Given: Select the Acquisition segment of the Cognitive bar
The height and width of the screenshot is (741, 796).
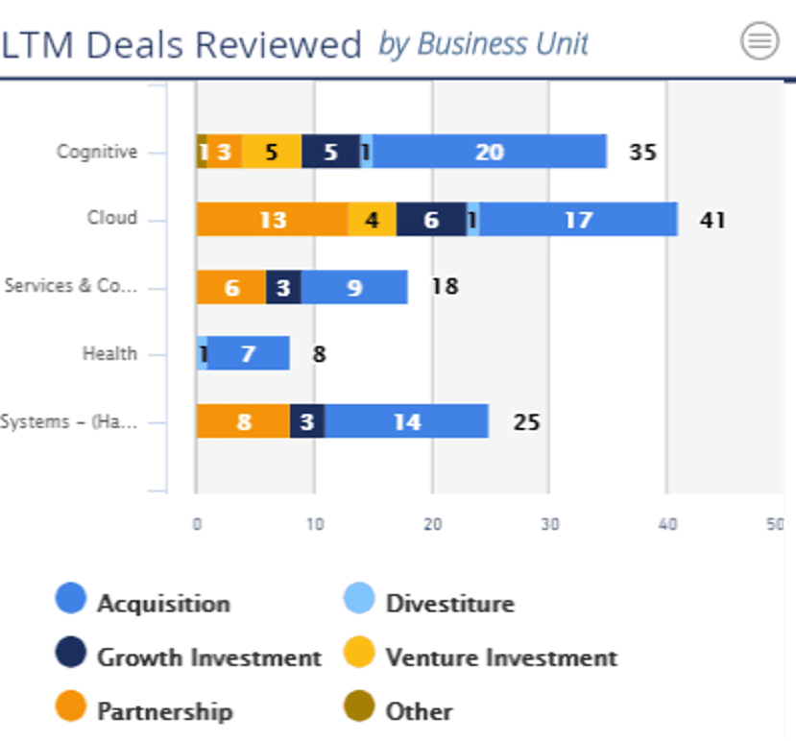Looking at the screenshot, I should [x=490, y=152].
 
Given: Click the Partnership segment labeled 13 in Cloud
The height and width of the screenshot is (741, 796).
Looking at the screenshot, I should [x=272, y=220].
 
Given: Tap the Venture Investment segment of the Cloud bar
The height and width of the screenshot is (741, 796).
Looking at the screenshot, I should [x=372, y=220].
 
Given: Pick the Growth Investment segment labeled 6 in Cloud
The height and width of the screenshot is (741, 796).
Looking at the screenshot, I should [x=431, y=220].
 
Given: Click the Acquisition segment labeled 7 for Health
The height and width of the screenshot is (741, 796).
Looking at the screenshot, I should [x=248, y=353].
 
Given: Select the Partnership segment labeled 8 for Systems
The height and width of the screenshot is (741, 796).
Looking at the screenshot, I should [x=243, y=421].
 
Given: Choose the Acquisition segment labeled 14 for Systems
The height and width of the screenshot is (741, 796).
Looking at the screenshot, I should [x=407, y=421].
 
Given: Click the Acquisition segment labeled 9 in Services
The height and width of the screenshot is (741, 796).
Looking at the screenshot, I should [x=354, y=287].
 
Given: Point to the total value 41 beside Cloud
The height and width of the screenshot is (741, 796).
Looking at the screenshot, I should [x=712, y=220].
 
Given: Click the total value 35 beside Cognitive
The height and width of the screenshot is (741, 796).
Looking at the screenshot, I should [x=642, y=152].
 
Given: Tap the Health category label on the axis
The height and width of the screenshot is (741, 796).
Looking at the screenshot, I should [x=109, y=353].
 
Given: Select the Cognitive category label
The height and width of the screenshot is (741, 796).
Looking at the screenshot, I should [x=97, y=152].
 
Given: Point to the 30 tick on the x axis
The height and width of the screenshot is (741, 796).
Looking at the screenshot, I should [x=549, y=525].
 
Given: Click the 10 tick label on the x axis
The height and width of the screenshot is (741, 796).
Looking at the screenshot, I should [x=314, y=525].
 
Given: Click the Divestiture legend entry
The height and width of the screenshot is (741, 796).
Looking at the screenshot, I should [x=449, y=604].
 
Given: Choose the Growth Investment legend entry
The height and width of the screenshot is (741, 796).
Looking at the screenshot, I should [x=208, y=657].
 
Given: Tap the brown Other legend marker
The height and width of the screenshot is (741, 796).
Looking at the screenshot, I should [x=359, y=710].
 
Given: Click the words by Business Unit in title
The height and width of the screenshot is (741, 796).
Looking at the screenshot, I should [x=483, y=44].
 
